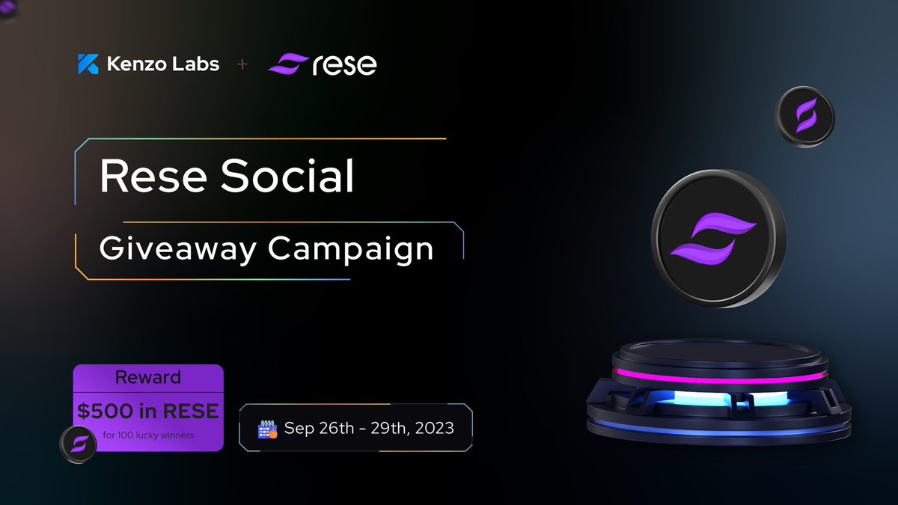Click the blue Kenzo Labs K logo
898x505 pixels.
88,64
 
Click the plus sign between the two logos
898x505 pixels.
242,65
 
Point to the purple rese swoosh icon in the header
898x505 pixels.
287,64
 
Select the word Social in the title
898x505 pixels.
287,177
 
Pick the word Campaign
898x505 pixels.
351,249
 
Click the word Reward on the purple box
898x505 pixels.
148,377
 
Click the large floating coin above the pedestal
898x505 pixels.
718,237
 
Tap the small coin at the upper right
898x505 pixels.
805,116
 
